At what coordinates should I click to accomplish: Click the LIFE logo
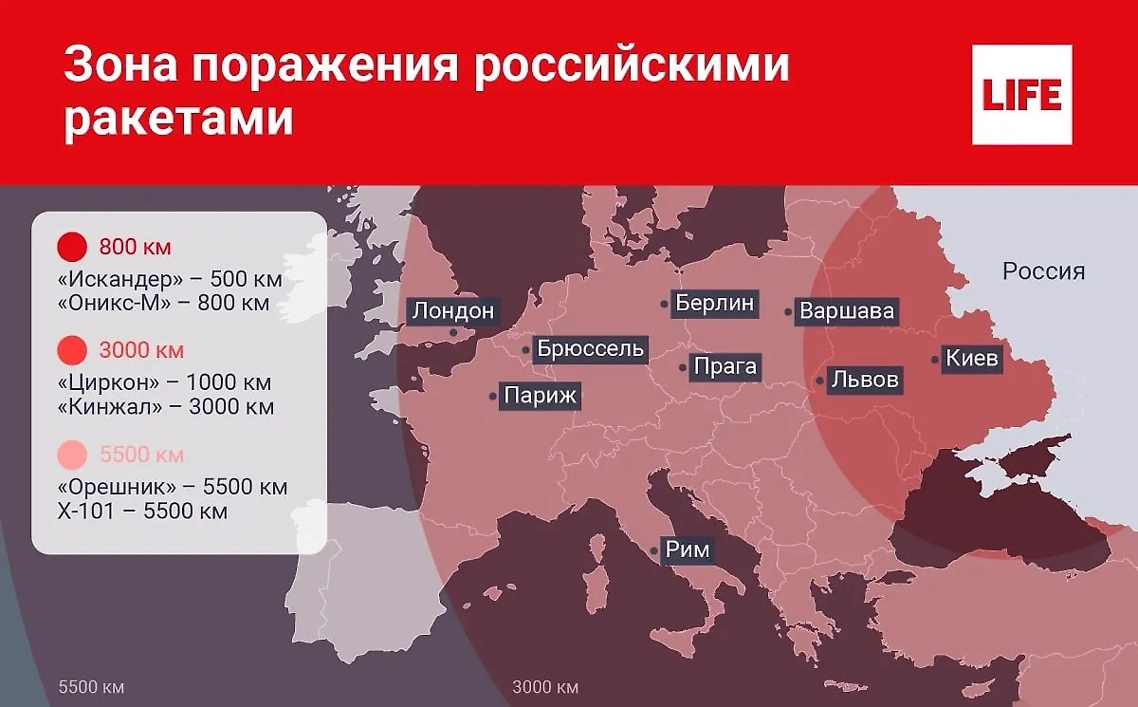(x=1022, y=95)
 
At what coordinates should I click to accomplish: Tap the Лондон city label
(x=452, y=311)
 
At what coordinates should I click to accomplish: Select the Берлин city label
(x=715, y=303)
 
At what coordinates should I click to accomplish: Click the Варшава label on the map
(x=847, y=310)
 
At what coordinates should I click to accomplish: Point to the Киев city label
(x=971, y=359)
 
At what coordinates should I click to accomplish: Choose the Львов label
(x=863, y=381)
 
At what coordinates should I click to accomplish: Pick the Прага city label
(x=725, y=366)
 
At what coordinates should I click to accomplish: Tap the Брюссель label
(x=590, y=348)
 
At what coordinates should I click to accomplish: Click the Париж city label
(x=540, y=396)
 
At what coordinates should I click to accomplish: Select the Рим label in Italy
(x=687, y=549)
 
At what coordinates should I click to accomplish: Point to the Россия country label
(x=1043, y=271)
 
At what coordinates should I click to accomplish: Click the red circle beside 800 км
(x=72, y=248)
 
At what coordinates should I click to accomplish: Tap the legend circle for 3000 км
(x=72, y=350)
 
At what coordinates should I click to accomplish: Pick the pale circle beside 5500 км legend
(x=72, y=455)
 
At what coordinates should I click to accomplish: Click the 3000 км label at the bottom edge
(x=544, y=686)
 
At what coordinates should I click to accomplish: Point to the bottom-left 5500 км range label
(x=91, y=686)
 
